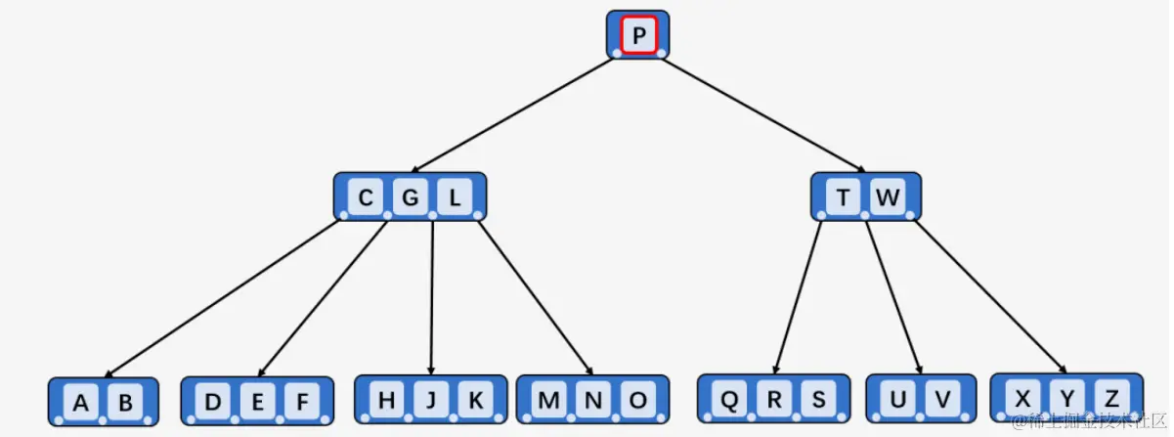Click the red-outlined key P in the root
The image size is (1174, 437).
tap(638, 36)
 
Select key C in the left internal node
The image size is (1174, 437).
tap(366, 198)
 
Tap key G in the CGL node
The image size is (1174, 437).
tap(411, 198)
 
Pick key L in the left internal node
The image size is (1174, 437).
tap(455, 198)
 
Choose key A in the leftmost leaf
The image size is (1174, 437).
tap(81, 403)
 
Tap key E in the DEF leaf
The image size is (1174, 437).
tap(258, 402)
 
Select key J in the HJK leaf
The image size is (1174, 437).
tap(431, 400)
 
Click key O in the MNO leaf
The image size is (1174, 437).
tap(637, 400)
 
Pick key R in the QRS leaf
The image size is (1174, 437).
tap(774, 400)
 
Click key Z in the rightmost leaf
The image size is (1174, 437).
tap(1111, 398)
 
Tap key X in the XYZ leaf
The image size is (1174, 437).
tap(1022, 398)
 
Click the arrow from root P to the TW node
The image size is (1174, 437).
tap(762, 115)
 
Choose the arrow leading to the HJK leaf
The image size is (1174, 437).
tap(432, 293)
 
